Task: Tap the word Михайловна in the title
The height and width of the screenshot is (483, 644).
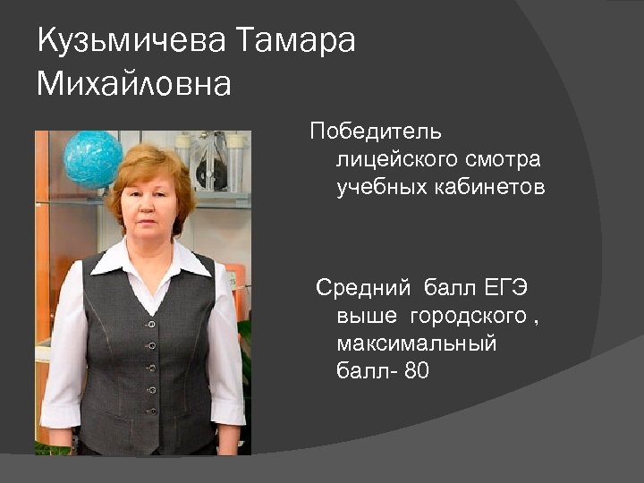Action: (x=134, y=84)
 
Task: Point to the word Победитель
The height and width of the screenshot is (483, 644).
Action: (x=376, y=132)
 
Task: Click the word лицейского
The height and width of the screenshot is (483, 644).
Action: (x=394, y=160)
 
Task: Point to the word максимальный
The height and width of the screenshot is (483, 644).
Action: (x=416, y=343)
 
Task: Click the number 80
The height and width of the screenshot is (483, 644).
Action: (x=417, y=371)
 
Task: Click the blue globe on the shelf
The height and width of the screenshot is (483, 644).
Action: (x=92, y=159)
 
